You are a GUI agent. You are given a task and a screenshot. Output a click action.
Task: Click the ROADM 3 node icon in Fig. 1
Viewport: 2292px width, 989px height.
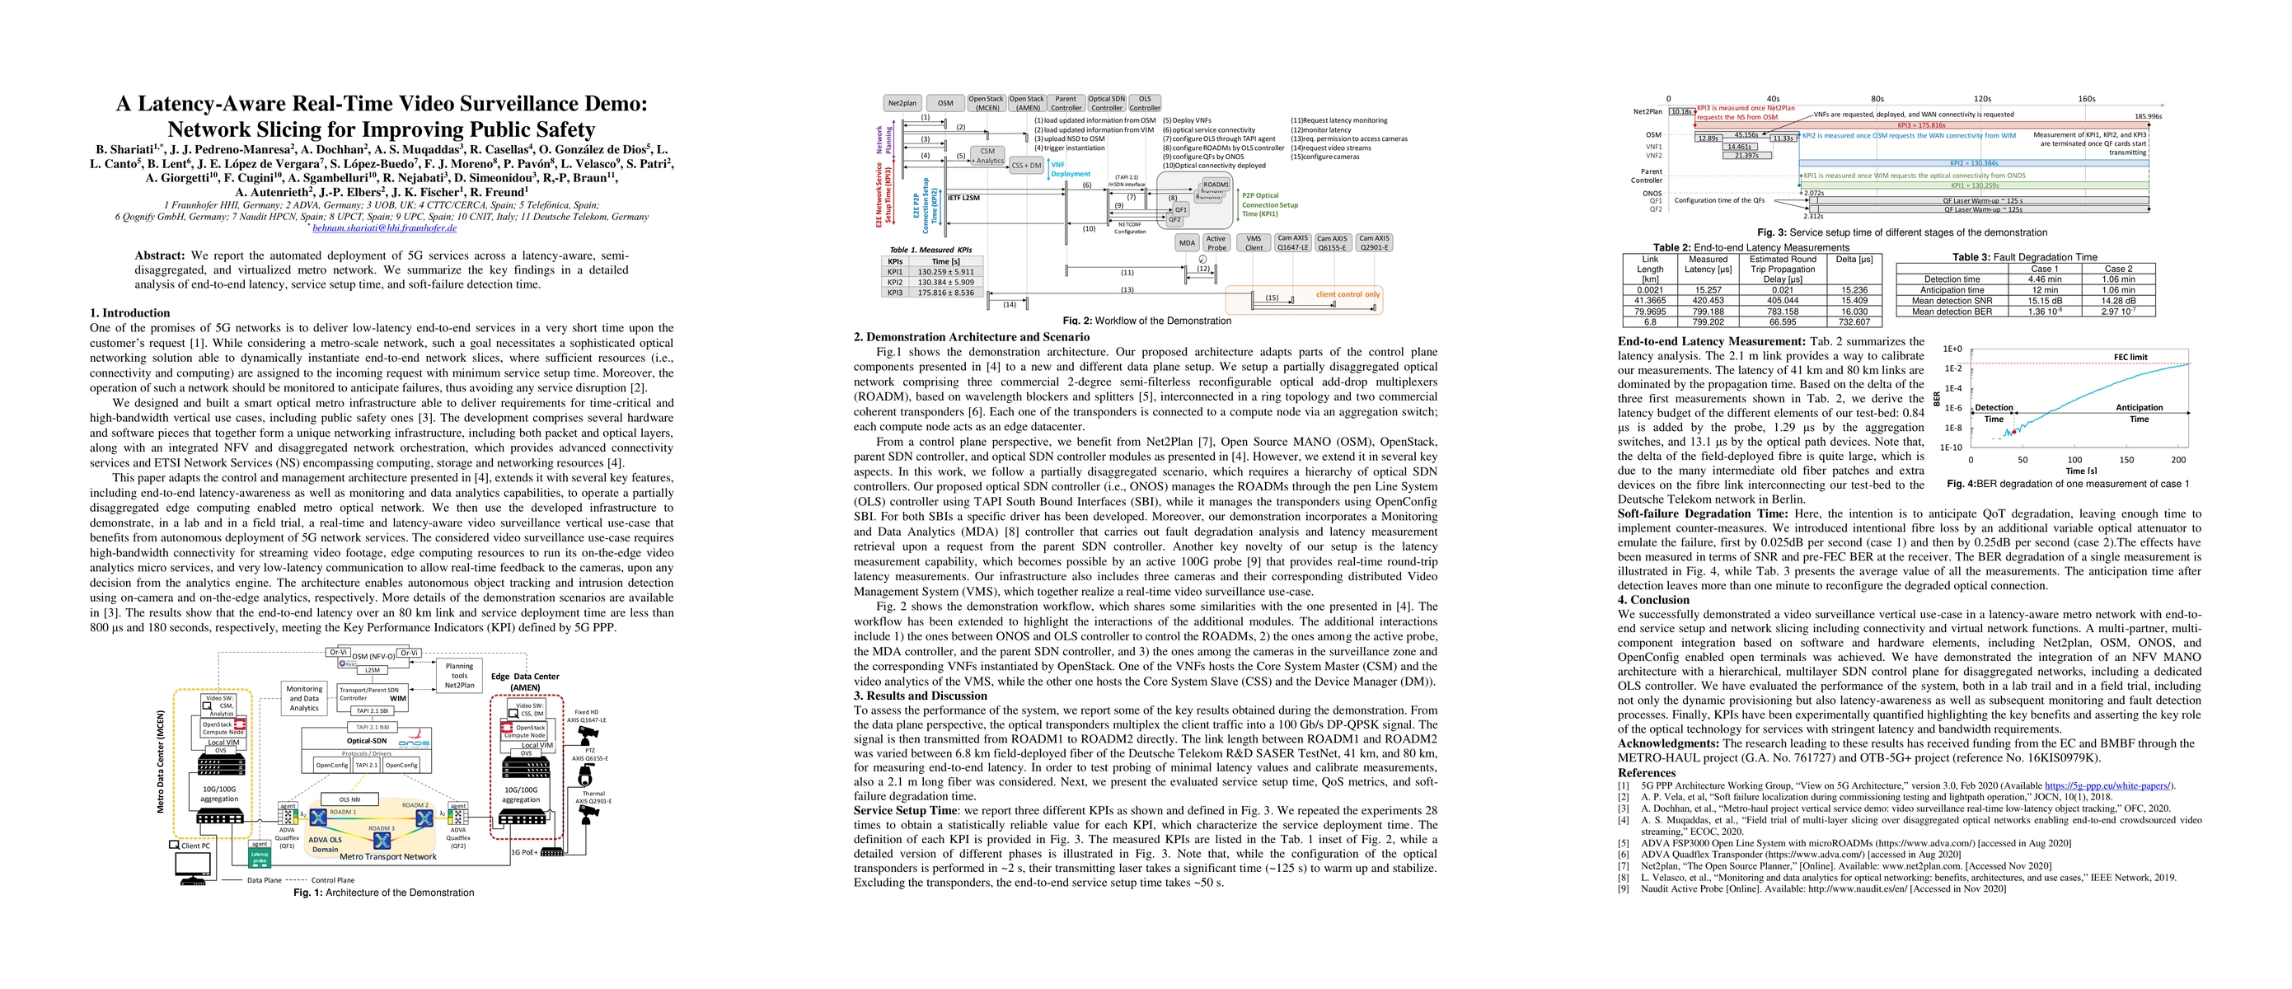pos(382,840)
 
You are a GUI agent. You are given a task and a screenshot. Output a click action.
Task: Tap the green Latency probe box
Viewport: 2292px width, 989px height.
pos(259,858)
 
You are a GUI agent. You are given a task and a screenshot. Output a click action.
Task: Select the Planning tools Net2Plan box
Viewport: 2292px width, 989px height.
pos(459,675)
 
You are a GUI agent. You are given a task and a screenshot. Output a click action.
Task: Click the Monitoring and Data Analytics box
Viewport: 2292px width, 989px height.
pos(304,698)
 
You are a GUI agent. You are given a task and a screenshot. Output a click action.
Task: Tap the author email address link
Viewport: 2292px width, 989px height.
pos(384,227)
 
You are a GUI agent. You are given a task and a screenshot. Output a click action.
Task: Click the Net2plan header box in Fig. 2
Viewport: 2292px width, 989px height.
pos(902,103)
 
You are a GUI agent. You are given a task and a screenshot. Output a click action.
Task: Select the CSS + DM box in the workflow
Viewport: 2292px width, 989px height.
pos(1026,165)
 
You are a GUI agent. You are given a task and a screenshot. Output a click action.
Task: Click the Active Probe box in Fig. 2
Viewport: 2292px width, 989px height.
pos(1216,243)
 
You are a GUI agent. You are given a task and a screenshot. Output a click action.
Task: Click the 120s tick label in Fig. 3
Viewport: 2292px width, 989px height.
pos(1982,99)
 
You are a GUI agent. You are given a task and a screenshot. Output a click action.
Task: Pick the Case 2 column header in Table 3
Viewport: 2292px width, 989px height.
pos(2118,269)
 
